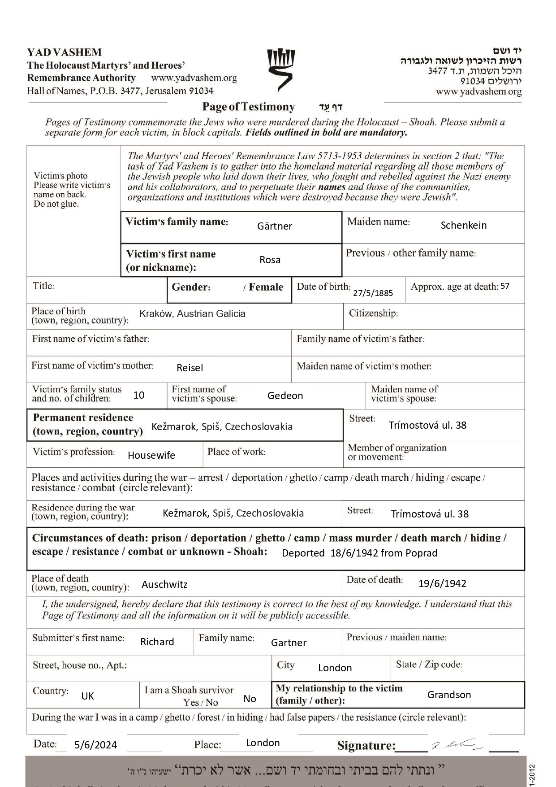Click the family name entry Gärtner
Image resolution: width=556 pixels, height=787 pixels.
tap(274, 226)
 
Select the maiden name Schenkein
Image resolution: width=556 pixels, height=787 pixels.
tap(463, 226)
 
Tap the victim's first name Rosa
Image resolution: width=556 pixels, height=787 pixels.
tap(270, 260)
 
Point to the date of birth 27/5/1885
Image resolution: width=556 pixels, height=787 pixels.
tap(373, 293)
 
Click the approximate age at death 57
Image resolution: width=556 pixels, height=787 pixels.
tap(505, 286)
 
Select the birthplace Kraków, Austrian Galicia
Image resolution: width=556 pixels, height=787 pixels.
tap(192, 314)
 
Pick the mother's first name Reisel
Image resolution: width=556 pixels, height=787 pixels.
tap(190, 368)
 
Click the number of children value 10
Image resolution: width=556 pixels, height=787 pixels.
tap(139, 395)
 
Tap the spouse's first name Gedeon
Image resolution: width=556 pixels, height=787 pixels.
tap(285, 396)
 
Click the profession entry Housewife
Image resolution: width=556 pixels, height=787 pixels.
tap(151, 456)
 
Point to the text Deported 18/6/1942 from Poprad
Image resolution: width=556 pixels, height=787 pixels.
tap(359, 553)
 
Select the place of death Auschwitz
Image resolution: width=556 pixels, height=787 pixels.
tap(164, 585)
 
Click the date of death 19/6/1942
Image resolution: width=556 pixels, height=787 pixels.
tap(442, 583)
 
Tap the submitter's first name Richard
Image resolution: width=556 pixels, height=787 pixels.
tap(157, 642)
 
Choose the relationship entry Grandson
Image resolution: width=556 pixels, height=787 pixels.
tap(449, 695)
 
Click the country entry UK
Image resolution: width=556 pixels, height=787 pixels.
tap(87, 696)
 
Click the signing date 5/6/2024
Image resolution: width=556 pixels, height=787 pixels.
tap(95, 745)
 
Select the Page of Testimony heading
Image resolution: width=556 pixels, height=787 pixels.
tap(249, 107)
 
